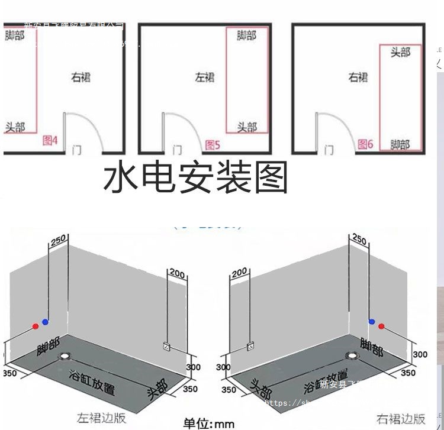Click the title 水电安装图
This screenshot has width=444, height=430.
(196, 178)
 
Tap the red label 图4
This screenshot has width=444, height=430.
(50, 141)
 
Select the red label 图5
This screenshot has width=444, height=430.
(213, 144)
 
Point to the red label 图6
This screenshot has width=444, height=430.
(365, 144)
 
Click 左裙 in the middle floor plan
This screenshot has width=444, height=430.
(205, 77)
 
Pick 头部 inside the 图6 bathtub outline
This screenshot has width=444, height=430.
(400, 53)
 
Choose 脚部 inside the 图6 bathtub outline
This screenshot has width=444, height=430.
(400, 144)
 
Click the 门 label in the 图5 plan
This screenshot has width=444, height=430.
(177, 150)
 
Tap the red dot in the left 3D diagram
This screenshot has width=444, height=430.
(36, 326)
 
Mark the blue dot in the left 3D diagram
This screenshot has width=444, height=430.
(45, 321)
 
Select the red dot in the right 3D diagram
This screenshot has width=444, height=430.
(381, 326)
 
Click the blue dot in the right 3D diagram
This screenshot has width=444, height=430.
(372, 321)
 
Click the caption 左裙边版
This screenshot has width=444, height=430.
(101, 418)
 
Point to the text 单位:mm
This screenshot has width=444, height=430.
(209, 423)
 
